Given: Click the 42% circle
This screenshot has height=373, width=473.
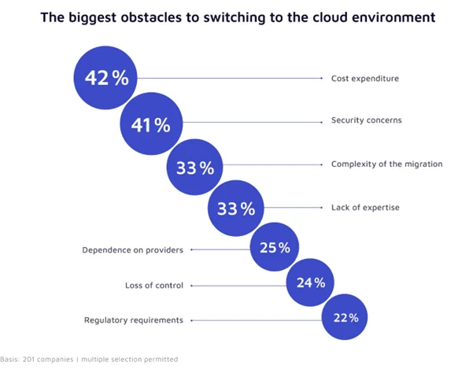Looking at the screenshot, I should point(106,79).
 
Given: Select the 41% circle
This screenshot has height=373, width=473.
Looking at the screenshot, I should point(151,124).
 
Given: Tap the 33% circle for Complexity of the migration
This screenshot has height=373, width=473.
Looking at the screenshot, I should point(196,167).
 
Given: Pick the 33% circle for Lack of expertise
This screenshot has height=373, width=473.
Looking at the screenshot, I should point(237,209).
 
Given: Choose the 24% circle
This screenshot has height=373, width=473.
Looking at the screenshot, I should point(310,283).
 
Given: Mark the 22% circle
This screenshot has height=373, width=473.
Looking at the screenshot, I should point(344,318).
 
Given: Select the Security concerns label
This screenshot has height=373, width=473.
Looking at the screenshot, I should point(366,121).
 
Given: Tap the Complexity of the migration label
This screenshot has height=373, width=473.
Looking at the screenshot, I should point(386,164).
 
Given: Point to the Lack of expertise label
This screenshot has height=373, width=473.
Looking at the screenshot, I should point(365,207).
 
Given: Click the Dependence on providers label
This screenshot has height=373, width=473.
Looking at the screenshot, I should point(132,250).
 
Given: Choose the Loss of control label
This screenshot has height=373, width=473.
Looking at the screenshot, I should point(154,286).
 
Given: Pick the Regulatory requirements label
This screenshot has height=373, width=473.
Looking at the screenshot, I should point(134,320).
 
